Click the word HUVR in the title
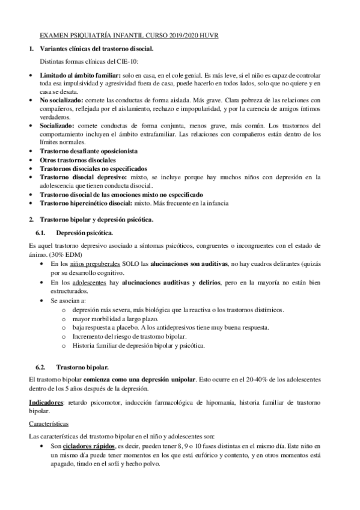click(x=207, y=36)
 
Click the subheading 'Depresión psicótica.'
click(x=84, y=232)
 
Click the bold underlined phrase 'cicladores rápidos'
click(x=87, y=447)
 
